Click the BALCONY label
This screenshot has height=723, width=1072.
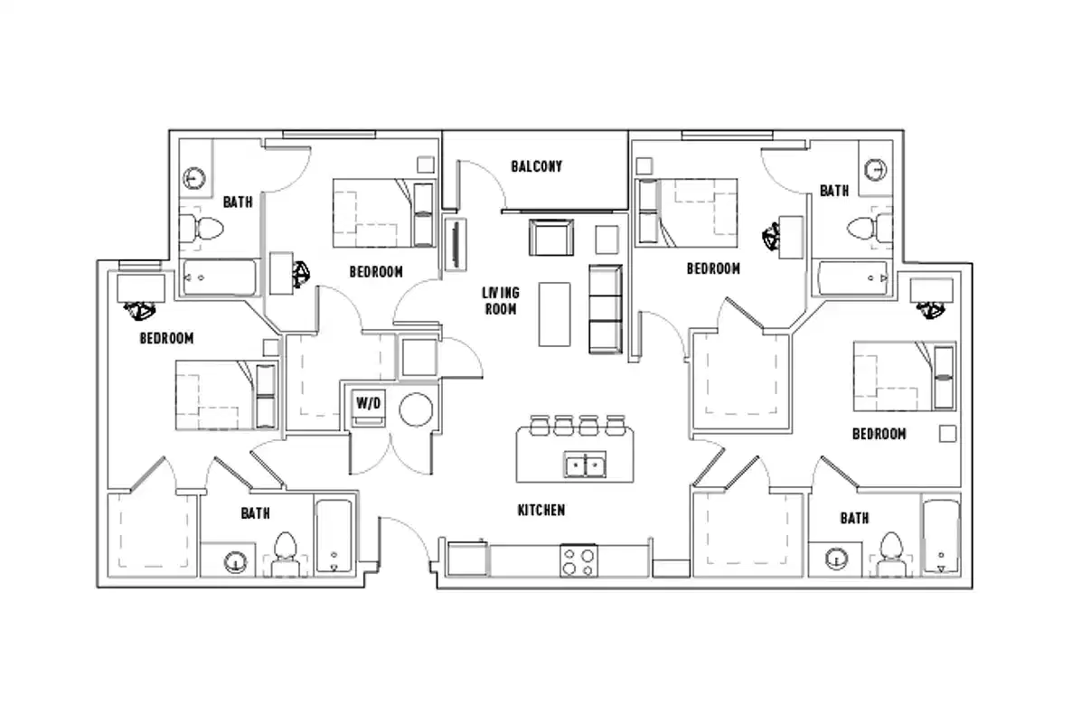(536, 166)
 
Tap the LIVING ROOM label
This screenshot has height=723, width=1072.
(500, 300)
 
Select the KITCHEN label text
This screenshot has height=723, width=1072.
(541, 511)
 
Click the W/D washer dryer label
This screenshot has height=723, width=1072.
(368, 401)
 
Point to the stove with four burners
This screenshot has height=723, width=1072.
(578, 560)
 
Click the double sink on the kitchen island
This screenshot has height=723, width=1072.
(586, 465)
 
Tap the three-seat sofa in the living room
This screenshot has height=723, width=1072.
(606, 309)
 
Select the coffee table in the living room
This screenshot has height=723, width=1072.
(554, 314)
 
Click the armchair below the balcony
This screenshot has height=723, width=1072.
(551, 238)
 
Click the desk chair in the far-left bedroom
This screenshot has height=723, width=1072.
(140, 310)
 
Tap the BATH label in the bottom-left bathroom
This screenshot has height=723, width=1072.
(255, 513)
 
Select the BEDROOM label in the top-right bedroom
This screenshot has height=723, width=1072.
(713, 268)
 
